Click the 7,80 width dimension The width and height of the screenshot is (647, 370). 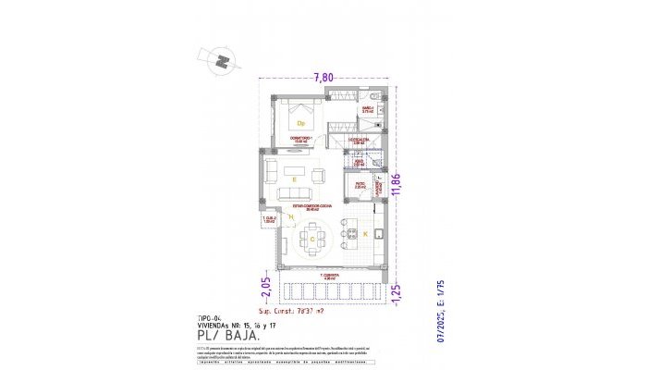click(323, 78)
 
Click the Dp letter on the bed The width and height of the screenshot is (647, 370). click(300, 122)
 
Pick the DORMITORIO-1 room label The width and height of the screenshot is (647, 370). click(302, 140)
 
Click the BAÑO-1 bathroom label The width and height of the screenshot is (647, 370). click(367, 109)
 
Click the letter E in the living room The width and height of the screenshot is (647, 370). click(293, 178)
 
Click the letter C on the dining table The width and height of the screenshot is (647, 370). click(312, 240)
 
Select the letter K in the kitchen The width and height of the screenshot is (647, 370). click(364, 236)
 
